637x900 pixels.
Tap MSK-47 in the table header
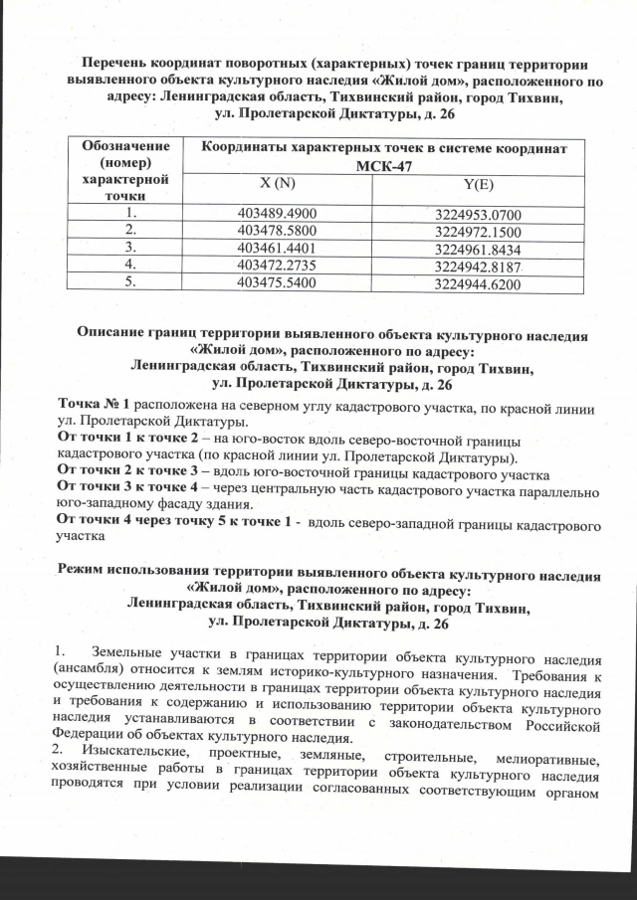(x=385, y=165)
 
